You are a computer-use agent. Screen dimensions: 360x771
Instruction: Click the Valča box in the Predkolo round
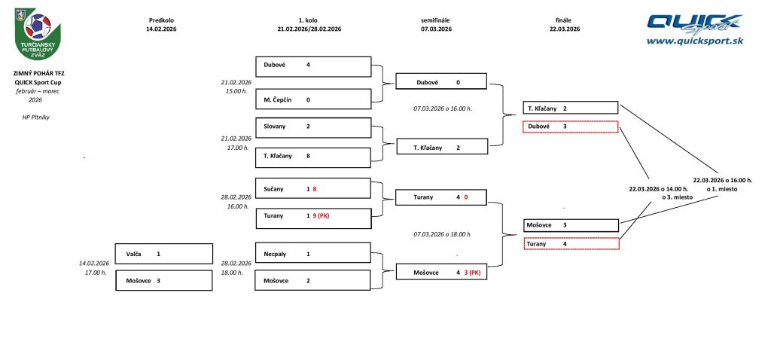coord(163,254)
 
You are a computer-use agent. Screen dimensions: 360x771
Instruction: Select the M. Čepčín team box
coord(313,99)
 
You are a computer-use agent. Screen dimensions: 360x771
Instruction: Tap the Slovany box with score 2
coord(313,127)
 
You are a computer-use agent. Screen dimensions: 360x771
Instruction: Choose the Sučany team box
coord(313,188)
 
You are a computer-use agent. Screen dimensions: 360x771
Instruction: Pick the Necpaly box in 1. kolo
coord(313,254)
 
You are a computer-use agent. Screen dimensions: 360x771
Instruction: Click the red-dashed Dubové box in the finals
coord(571,127)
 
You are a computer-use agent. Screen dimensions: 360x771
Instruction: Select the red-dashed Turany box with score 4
coord(571,244)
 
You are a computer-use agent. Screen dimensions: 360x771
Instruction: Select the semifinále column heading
coord(436,20)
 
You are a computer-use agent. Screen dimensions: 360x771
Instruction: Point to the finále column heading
coord(565,20)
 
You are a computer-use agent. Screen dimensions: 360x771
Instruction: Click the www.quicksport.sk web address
coord(694,41)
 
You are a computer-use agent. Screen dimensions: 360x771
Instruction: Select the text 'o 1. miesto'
coord(722,189)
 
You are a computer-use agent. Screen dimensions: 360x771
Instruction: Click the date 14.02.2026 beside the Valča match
coord(95,263)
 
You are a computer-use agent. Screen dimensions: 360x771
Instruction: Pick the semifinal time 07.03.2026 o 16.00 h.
coord(442,108)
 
